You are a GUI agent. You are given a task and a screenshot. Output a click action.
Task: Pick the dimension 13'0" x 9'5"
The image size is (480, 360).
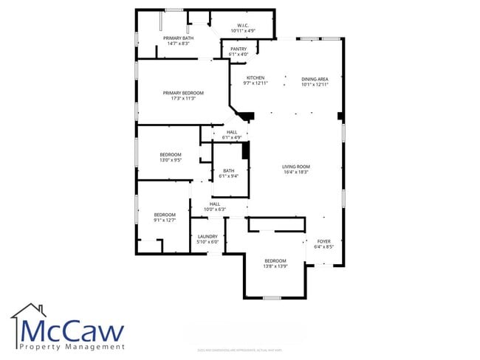click(x=171, y=159)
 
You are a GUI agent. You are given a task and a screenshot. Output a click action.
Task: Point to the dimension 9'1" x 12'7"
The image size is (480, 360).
click(x=165, y=219)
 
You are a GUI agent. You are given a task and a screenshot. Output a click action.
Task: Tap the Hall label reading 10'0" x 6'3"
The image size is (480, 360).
click(x=215, y=209)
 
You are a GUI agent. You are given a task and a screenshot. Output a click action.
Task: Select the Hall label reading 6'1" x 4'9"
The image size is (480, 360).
click(x=232, y=137)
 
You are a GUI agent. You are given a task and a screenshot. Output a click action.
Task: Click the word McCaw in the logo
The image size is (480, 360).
click(x=72, y=330)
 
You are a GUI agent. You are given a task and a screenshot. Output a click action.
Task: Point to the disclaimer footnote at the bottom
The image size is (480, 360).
click(x=240, y=349)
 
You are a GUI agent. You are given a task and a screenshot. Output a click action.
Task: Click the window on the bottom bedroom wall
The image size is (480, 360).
click(x=272, y=297)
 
